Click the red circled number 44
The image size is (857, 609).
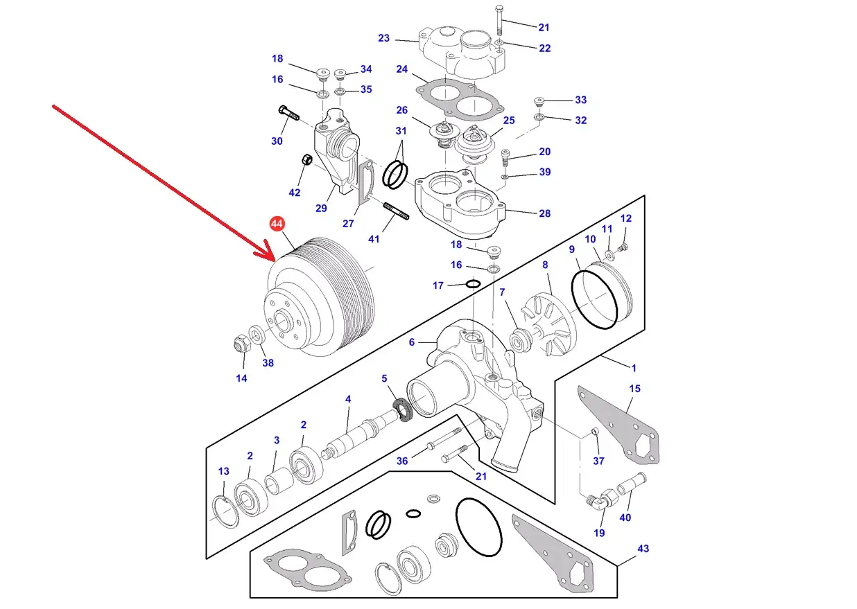point(277,224)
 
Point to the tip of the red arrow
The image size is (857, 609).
point(273,258)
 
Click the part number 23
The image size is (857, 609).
point(383,39)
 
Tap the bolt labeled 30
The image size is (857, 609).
point(288,112)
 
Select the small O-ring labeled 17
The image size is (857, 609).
point(473,283)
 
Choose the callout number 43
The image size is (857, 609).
point(643,549)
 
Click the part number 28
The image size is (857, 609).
point(544,213)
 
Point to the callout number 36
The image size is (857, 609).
point(402,461)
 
